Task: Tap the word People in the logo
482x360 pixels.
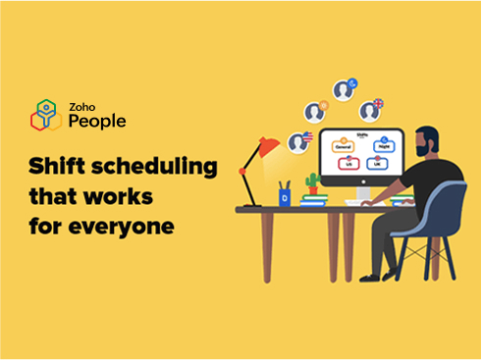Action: pyautogui.click(x=97, y=122)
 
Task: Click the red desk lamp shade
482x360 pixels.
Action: pyautogui.click(x=267, y=149)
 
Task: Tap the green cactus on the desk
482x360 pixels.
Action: pyautogui.click(x=313, y=183)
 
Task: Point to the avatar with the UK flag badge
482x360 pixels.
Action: pyautogui.click(x=370, y=110)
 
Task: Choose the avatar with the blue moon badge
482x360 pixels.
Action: pyautogui.click(x=343, y=89)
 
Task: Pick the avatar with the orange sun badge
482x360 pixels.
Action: pyautogui.click(x=314, y=112)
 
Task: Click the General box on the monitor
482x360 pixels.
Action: pyautogui.click(x=343, y=146)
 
